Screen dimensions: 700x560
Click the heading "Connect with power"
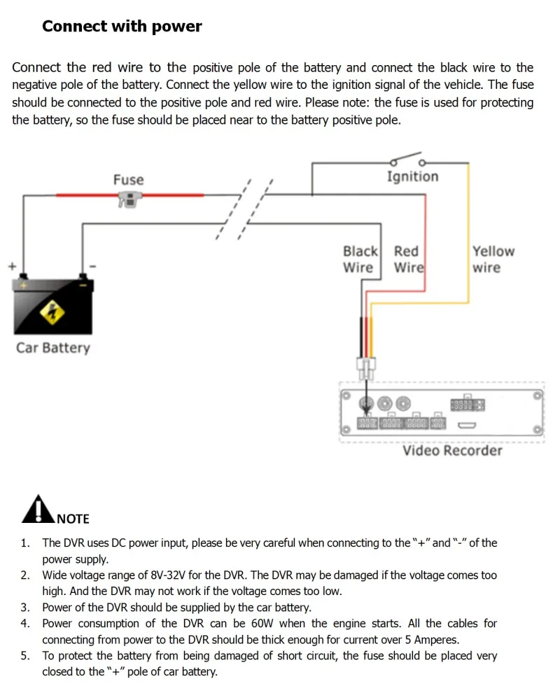122,27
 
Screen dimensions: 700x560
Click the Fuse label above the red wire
128,180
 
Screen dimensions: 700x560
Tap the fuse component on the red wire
128,200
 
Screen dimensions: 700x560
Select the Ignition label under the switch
412,176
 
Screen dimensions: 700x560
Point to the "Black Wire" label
360,259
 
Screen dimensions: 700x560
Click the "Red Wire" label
408,259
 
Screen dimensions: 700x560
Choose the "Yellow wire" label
493,259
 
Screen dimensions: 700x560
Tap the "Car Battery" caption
53,348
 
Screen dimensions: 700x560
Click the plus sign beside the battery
11,266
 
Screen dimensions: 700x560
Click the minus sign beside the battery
92,266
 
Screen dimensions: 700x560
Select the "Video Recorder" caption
452,451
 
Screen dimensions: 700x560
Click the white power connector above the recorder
366,365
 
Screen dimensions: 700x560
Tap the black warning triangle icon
37,510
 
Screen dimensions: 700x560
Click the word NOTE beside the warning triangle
73,519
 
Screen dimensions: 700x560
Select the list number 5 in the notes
25,656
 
